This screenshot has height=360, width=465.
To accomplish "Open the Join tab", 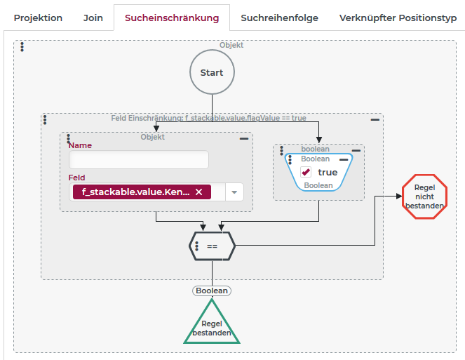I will pyautogui.click(x=93, y=18).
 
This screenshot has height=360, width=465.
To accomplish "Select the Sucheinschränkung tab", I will pyautogui.click(x=172, y=18).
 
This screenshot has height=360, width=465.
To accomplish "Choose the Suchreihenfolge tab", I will pyautogui.click(x=279, y=18).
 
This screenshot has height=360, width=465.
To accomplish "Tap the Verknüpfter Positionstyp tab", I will pyautogui.click(x=398, y=18).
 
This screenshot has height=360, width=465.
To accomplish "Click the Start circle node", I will pyautogui.click(x=212, y=72).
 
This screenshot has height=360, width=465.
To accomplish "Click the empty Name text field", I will pyautogui.click(x=139, y=160).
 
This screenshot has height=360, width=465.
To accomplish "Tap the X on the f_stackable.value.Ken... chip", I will pyautogui.click(x=198, y=192).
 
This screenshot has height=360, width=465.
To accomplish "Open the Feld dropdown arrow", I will pyautogui.click(x=234, y=192).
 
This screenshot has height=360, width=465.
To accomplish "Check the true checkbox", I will pyautogui.click(x=306, y=172).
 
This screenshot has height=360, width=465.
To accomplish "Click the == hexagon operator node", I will pyautogui.click(x=212, y=246).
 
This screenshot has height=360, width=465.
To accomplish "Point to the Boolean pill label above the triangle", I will pyautogui.click(x=212, y=290).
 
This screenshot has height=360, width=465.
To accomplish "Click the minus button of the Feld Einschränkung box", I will pyautogui.click(x=375, y=120).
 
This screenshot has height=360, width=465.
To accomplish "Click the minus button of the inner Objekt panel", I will pyautogui.click(x=244, y=139).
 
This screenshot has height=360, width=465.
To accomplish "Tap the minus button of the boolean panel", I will pyautogui.click(x=356, y=150).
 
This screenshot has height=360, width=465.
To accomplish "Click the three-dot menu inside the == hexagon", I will pyautogui.click(x=198, y=246).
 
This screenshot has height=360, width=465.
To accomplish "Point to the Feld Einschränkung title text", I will pyautogui.click(x=208, y=118).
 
